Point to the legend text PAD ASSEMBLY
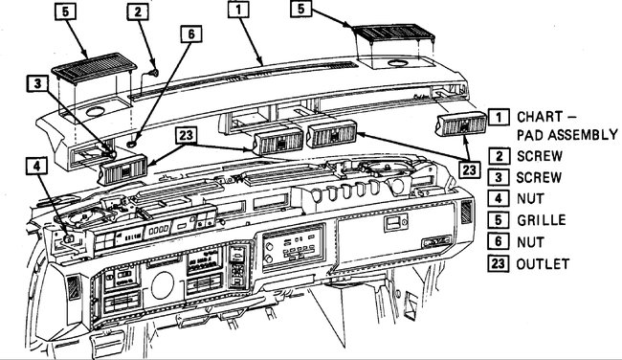coord(565,134)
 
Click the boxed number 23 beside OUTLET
coord(499,262)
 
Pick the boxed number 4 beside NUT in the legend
coord(499,198)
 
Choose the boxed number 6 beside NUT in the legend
coord(499,240)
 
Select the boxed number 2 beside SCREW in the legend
coord(499,155)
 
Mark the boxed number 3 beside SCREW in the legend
coord(499,177)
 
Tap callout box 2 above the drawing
coord(140,12)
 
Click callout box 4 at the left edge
coord(35,166)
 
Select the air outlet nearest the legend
coord(460,126)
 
